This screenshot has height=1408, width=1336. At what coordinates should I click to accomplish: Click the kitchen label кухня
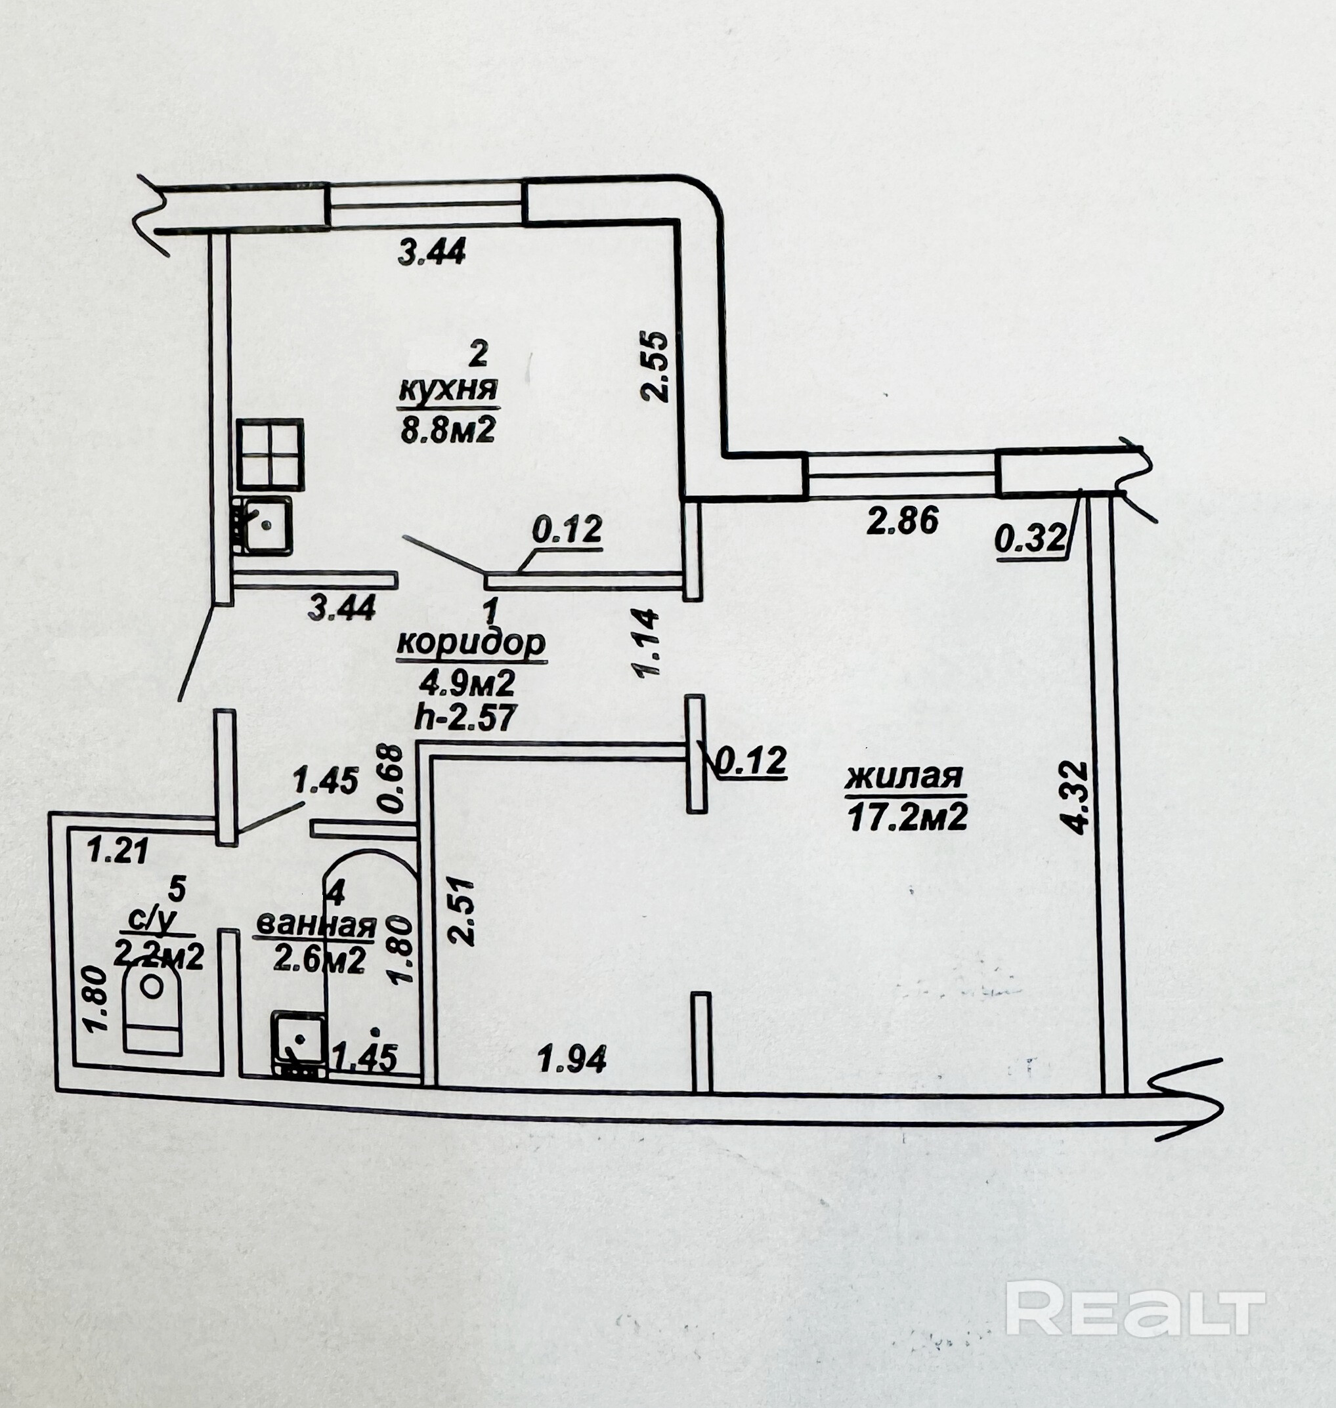pos(448,391)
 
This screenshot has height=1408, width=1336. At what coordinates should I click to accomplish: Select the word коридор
pos(471,644)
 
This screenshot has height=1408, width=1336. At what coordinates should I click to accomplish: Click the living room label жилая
pos(904,777)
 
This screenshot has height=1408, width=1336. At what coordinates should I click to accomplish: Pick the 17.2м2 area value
pos(907,818)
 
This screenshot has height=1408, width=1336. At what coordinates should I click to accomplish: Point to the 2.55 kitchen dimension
pos(654,366)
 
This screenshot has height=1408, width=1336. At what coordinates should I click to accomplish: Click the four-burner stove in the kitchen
pos(270,453)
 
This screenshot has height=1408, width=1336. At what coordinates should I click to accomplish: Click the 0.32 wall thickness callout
pos(1031,538)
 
